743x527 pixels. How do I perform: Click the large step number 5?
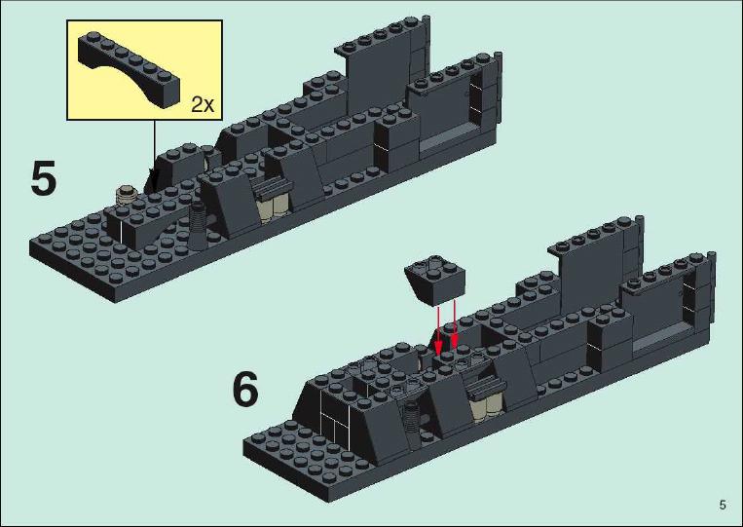(44, 178)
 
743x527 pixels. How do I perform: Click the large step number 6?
(245, 389)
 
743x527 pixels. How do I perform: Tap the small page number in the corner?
(723, 505)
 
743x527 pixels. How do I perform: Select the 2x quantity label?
(203, 104)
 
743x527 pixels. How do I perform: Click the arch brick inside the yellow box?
(129, 70)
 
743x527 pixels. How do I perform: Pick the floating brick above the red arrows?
(434, 280)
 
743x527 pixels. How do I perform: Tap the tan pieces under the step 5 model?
(274, 207)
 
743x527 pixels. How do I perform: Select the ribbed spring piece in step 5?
(199, 226)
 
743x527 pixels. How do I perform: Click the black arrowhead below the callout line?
(152, 180)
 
